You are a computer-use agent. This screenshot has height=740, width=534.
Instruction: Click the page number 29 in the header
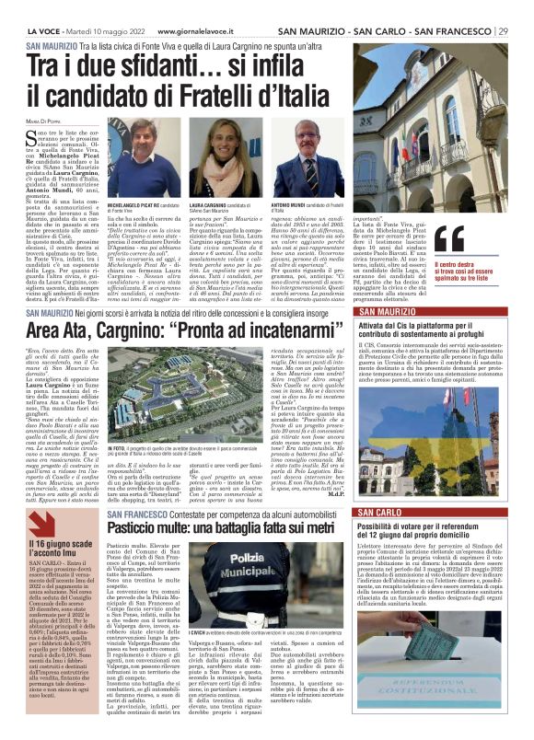(x=502, y=31)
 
